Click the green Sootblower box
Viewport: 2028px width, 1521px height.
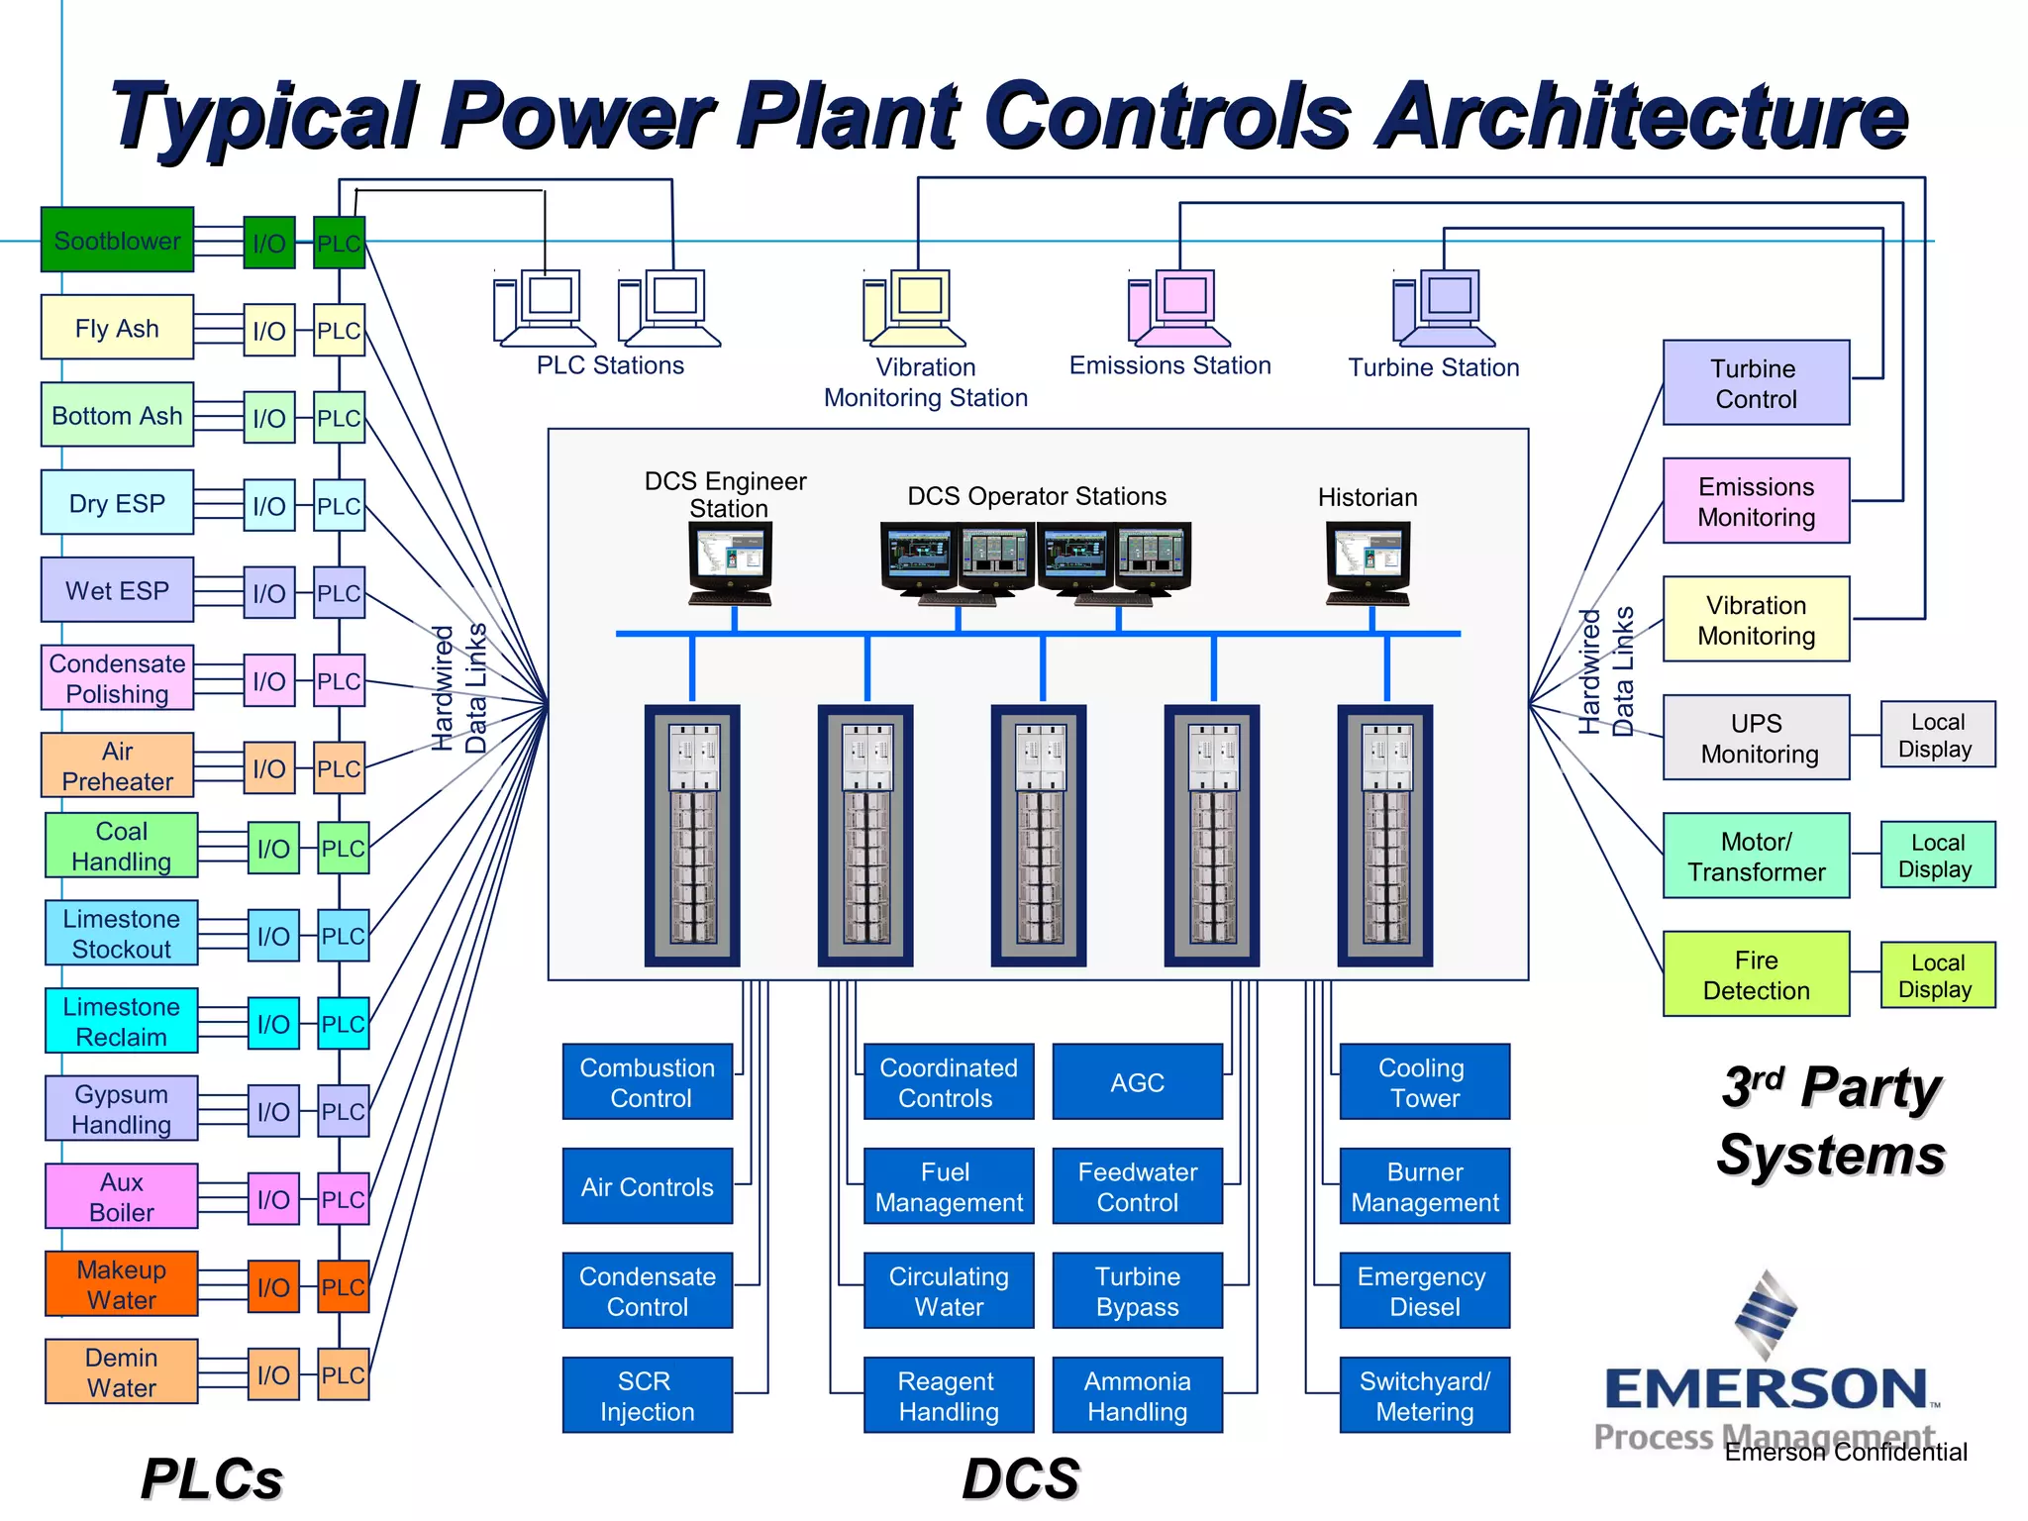tap(117, 240)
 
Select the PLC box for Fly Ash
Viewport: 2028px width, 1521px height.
tap(339, 331)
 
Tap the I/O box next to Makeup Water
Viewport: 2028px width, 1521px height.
tap(273, 1286)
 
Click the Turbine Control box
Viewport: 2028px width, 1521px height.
tap(1755, 383)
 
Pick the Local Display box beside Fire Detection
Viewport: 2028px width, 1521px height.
tap(1937, 975)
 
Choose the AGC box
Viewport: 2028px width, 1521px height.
tap(1137, 1082)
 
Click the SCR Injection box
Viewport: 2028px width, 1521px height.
tap(647, 1395)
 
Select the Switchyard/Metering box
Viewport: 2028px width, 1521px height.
tap(1424, 1395)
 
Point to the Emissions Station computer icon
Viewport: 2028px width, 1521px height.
tap(1176, 308)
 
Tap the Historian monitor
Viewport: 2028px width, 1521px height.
tap(1368, 561)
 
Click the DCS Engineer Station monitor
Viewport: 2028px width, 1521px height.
tap(731, 561)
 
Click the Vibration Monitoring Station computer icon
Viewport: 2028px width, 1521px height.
tap(913, 308)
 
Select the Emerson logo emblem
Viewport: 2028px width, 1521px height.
tap(1766, 1315)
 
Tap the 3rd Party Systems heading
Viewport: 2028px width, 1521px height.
tap(1830, 1121)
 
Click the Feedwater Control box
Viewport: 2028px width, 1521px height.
tap(1137, 1186)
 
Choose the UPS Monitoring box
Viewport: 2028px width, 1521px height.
tap(1755, 738)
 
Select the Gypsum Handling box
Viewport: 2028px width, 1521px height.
tap(121, 1109)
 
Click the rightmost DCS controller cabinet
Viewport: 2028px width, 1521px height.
tap(1384, 835)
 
